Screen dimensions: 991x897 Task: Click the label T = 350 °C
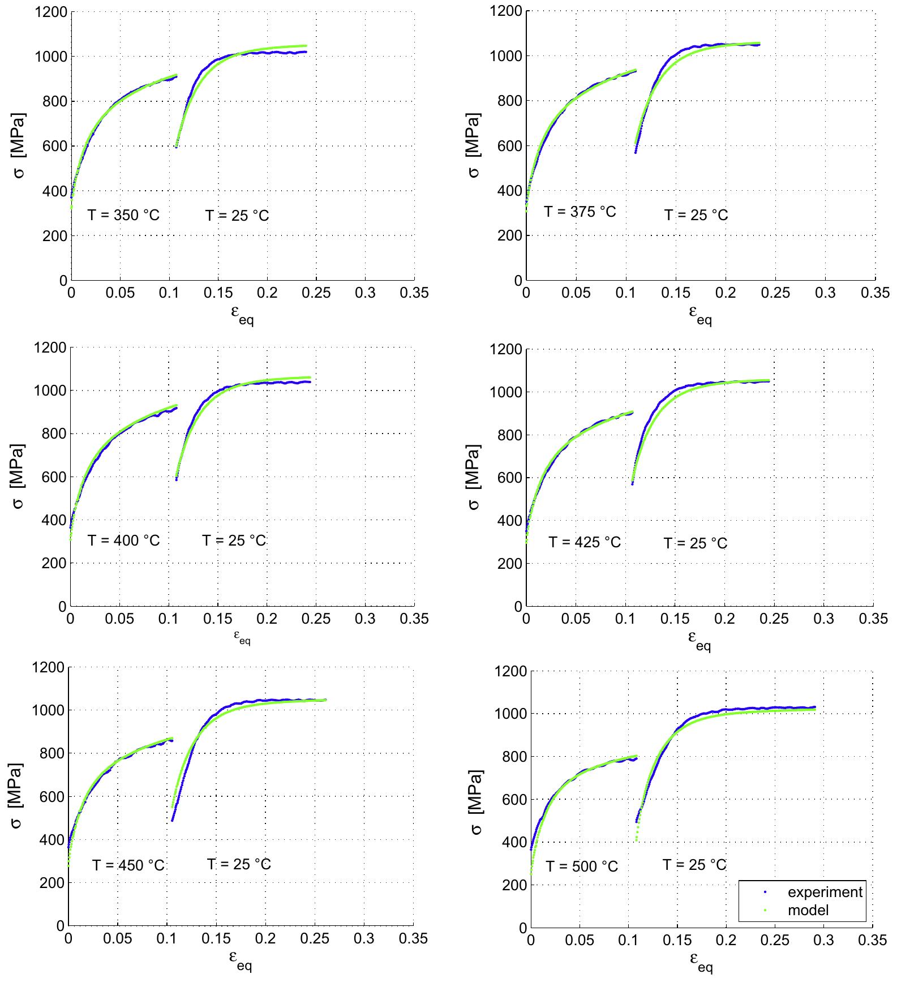(x=123, y=215)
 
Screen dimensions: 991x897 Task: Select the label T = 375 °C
(x=580, y=212)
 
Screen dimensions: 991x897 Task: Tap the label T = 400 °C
(x=123, y=540)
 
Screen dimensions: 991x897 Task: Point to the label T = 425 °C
(x=585, y=542)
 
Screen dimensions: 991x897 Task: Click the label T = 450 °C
(x=128, y=865)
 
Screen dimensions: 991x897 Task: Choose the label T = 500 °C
(x=582, y=866)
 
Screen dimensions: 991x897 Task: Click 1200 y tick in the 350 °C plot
(x=50, y=12)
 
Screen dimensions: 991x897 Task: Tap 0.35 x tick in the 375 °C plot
(x=875, y=293)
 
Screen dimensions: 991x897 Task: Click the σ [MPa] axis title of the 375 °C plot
(x=474, y=145)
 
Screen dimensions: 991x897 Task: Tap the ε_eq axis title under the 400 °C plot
(x=242, y=638)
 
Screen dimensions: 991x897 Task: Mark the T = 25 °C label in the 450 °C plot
(x=238, y=864)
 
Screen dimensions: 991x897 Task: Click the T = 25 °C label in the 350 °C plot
(x=237, y=216)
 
